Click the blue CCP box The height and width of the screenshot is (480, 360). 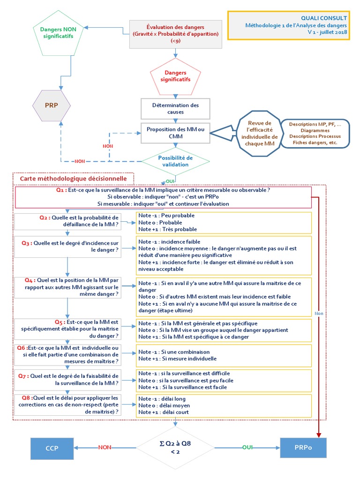pos(52,448)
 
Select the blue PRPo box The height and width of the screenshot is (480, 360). pos(303,448)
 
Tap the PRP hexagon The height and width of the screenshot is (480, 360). pos(52,105)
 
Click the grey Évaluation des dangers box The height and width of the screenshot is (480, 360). pos(175,34)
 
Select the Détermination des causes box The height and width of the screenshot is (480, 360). pos(176,108)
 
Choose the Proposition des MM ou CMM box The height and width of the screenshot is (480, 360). pos(176,133)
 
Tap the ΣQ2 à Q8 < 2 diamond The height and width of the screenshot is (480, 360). pos(176,448)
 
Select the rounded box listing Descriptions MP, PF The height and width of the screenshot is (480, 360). pos(315,133)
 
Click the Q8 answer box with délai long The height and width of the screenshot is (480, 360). pos(224,405)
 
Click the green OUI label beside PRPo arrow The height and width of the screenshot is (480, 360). pos(247,448)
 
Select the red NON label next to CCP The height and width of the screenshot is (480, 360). pos(105,448)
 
